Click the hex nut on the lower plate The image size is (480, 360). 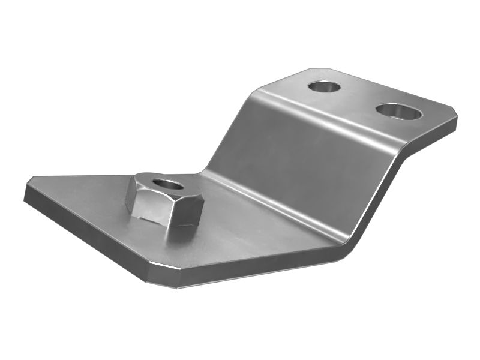coord(166,202)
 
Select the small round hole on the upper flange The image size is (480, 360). coord(325,86)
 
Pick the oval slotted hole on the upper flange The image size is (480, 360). coord(398,110)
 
